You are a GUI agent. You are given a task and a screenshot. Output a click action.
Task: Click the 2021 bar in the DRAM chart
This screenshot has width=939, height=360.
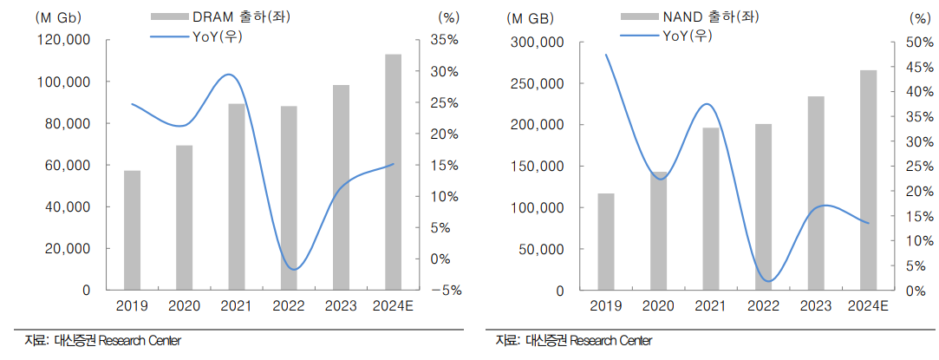point(236,196)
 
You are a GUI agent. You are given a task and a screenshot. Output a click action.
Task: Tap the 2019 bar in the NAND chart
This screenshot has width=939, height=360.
point(606,241)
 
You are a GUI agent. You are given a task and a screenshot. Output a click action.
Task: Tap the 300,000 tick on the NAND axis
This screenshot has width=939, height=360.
point(540,43)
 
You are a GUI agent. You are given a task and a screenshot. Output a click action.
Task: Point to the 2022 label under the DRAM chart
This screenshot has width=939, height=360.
point(289,306)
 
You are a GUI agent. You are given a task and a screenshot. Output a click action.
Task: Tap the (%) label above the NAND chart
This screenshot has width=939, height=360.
point(917,16)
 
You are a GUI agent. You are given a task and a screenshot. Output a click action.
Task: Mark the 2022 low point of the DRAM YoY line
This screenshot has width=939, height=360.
point(294,270)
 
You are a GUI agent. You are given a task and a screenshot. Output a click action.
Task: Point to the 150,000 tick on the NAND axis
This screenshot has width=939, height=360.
point(540,167)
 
